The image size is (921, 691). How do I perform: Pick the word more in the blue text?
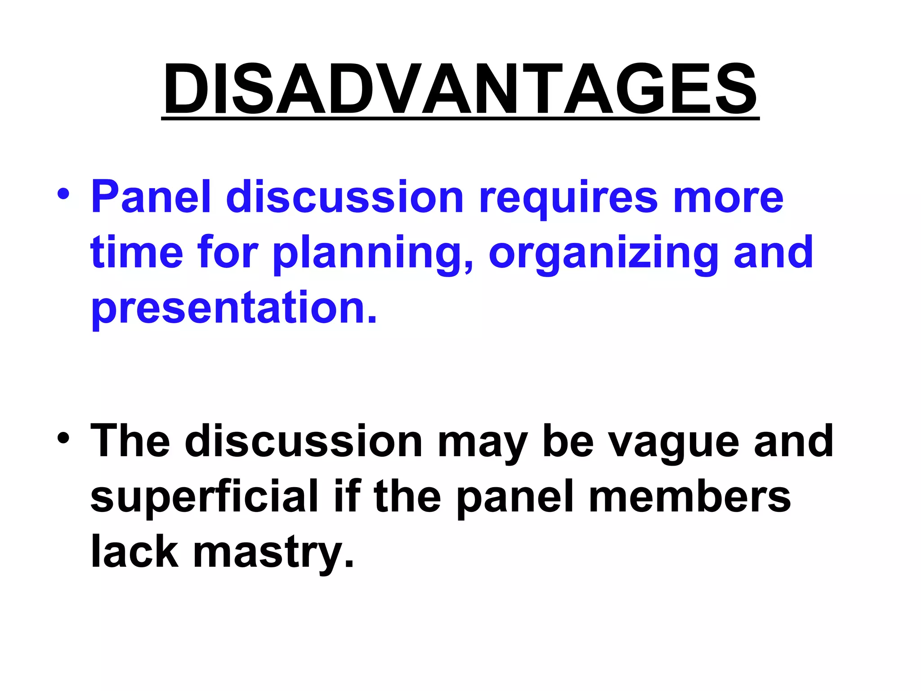728,198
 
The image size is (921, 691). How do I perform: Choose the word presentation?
233,309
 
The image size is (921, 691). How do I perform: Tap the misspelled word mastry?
273,552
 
